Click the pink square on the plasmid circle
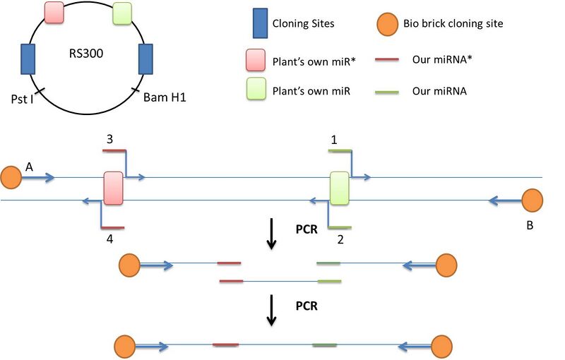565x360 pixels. click(x=55, y=12)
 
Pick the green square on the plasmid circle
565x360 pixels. click(x=123, y=13)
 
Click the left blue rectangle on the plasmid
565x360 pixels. click(x=28, y=59)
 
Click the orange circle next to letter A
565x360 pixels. click(x=11, y=177)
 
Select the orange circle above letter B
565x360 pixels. click(x=532, y=200)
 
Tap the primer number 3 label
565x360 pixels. click(x=109, y=140)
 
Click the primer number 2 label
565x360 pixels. click(x=340, y=239)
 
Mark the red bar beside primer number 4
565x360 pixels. click(x=113, y=227)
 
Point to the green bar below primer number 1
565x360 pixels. click(x=340, y=150)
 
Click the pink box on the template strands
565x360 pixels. click(x=113, y=188)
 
